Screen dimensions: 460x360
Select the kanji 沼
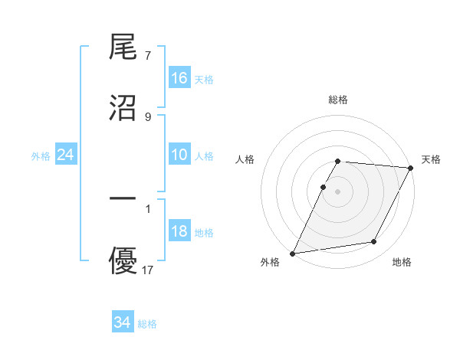[x=123, y=106]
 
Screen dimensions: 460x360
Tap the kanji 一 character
[x=123, y=198]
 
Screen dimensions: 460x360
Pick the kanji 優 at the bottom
[x=123, y=260]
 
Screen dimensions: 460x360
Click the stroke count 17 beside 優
[x=148, y=270]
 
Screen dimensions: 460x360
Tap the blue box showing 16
[x=179, y=78]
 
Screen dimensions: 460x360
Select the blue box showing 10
[x=179, y=155]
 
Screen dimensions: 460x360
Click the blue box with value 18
[x=179, y=232]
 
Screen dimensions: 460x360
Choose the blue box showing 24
[x=66, y=155]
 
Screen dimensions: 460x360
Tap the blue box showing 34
[x=122, y=322]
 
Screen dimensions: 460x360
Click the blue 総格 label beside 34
[x=147, y=324]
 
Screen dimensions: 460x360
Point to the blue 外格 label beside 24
[x=41, y=156]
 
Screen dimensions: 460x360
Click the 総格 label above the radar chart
[x=338, y=100]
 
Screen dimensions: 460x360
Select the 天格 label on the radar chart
[x=431, y=159]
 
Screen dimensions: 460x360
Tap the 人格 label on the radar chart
[x=245, y=159]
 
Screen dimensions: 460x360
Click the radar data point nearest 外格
[x=292, y=254]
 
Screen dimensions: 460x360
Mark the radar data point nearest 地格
[x=374, y=242]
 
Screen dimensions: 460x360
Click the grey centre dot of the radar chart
[x=338, y=191]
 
